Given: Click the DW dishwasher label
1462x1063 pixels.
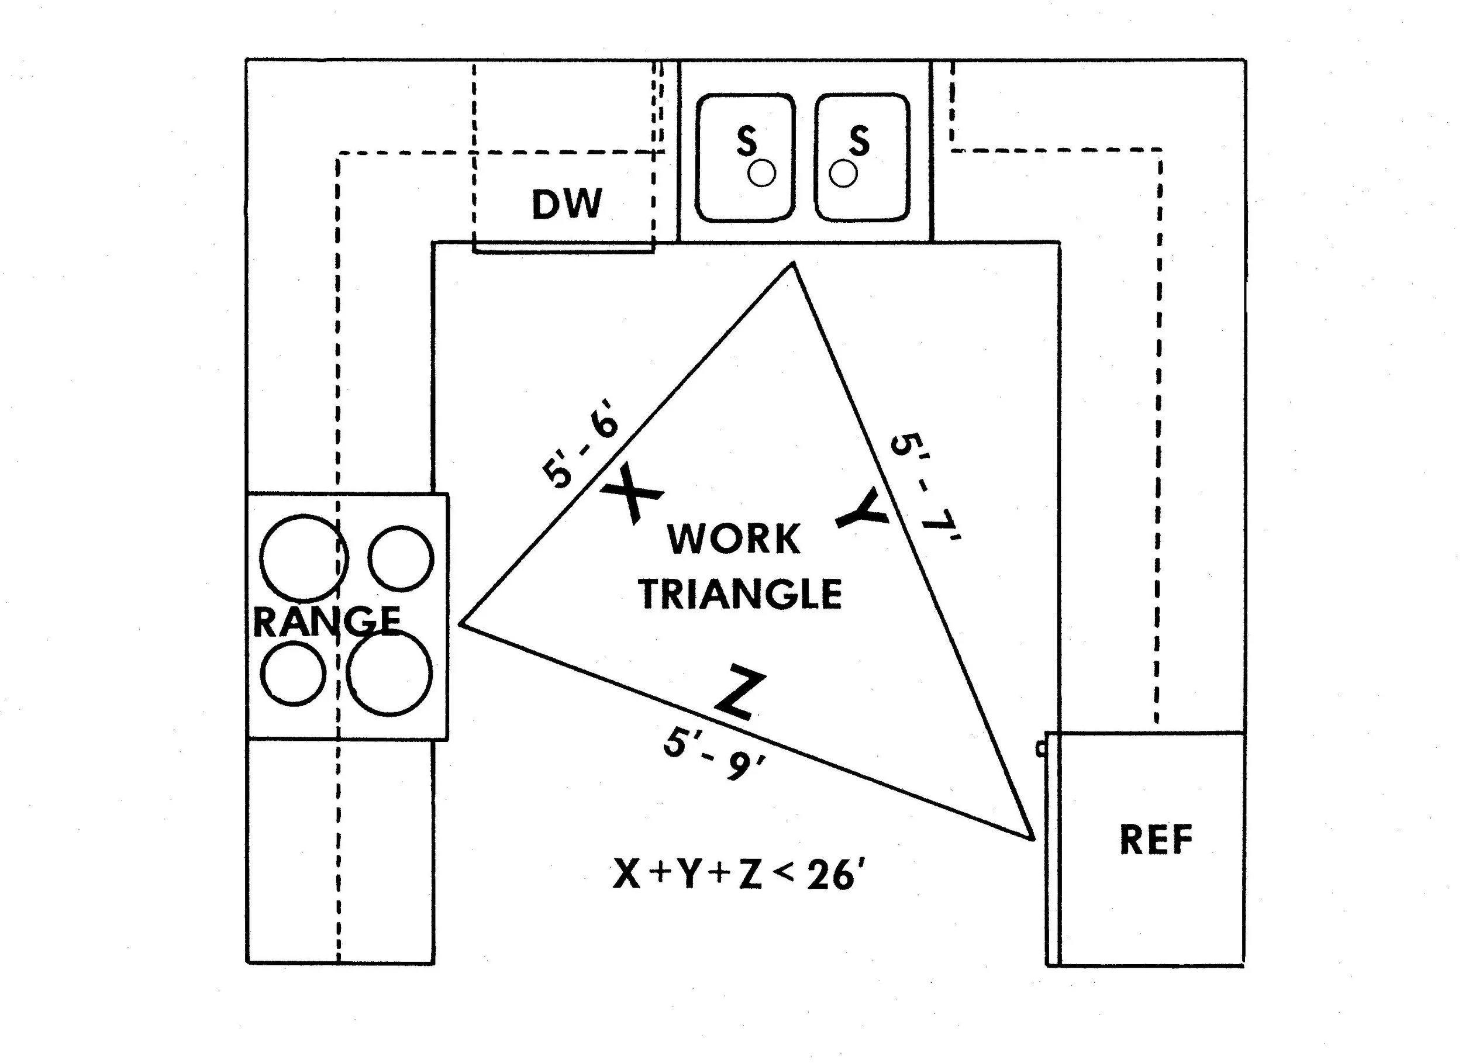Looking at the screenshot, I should pos(567,203).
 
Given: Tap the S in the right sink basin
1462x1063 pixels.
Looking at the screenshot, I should pos(858,140).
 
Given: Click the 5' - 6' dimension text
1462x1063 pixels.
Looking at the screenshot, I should pos(581,451).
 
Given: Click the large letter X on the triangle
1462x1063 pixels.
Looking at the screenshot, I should pos(631,495).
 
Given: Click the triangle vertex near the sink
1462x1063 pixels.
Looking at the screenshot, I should pos(793,264).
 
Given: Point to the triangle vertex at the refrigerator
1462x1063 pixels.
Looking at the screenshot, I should pos(1033,838).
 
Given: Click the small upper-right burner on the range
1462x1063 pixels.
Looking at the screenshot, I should pos(401,558).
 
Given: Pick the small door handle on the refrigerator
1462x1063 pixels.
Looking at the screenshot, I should pos(1040,748).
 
